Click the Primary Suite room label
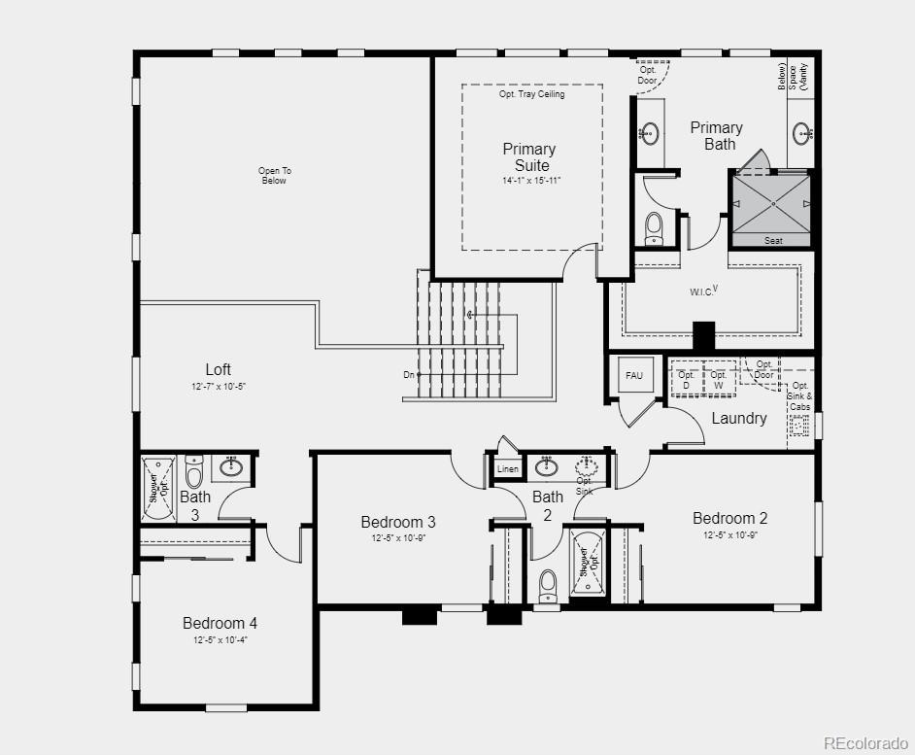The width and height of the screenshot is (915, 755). coord(528,156)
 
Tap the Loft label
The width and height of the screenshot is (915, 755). coord(219,369)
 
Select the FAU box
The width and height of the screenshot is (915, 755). coord(634,376)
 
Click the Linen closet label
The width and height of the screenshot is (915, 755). coord(507,468)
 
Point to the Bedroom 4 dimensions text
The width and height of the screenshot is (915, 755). coord(220,639)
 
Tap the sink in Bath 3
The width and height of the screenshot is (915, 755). coord(231,468)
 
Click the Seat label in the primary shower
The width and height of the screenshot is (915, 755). coord(773,240)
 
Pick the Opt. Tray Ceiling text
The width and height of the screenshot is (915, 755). coord(531,94)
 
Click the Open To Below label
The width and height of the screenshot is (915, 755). coord(275,176)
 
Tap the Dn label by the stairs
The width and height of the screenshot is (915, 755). coord(409,374)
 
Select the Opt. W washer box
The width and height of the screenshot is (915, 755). coord(719,380)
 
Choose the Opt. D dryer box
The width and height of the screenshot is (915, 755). coord(687,380)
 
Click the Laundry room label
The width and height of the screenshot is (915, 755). coord(739,418)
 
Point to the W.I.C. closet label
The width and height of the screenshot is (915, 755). coord(703,291)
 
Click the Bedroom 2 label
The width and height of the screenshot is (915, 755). coord(729,518)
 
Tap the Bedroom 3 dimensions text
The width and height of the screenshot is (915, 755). coord(398,537)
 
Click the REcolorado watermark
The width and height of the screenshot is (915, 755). coord(864,742)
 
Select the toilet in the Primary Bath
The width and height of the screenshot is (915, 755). coord(654,226)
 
